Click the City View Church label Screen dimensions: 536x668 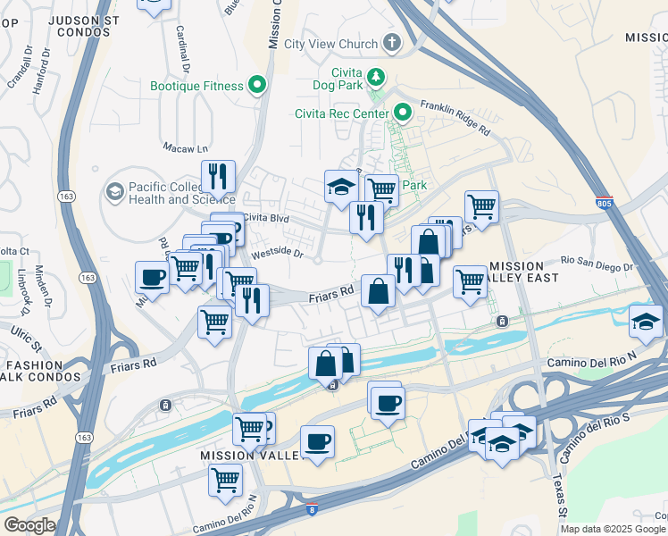pyautogui.click(x=334, y=44)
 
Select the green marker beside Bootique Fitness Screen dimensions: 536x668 pyautogui.click(x=257, y=86)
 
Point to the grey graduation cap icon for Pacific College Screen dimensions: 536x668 pyautogui.click(x=113, y=191)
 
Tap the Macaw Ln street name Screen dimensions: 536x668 pyautogui.click(x=185, y=147)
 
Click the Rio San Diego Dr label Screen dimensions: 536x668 pyautogui.click(x=596, y=264)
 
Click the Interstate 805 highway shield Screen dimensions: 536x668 pyautogui.click(x=605, y=204)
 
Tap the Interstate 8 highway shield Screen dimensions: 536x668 pyautogui.click(x=311, y=509)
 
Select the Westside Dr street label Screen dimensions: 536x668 pyautogui.click(x=278, y=254)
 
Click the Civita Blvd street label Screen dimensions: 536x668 pyautogui.click(x=267, y=216)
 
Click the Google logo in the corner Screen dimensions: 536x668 pyautogui.click(x=29, y=524)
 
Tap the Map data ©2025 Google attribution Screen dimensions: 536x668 pyautogui.click(x=613, y=529)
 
